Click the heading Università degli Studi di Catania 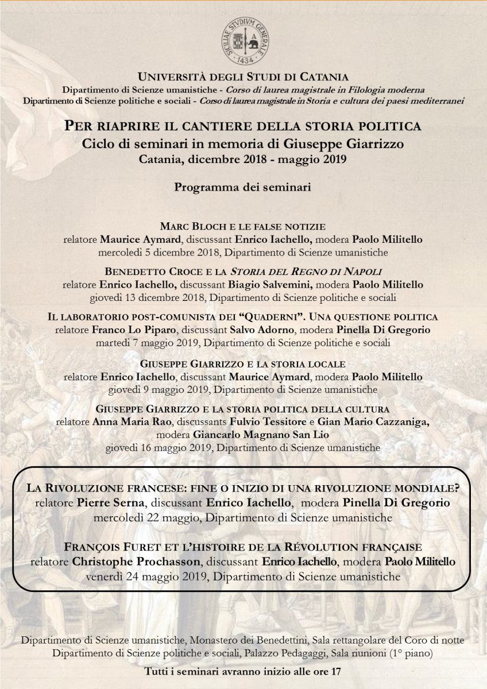[243, 77]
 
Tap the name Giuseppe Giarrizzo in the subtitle [353, 143]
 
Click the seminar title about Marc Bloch [243, 225]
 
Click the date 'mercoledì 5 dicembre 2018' [150, 251]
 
